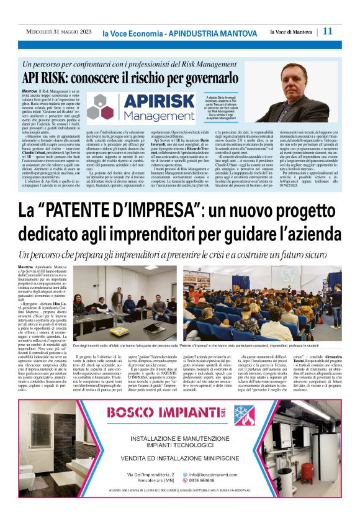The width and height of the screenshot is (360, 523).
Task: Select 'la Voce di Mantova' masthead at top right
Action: click(292, 32)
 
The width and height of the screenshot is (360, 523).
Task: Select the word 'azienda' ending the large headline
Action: click(310, 235)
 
